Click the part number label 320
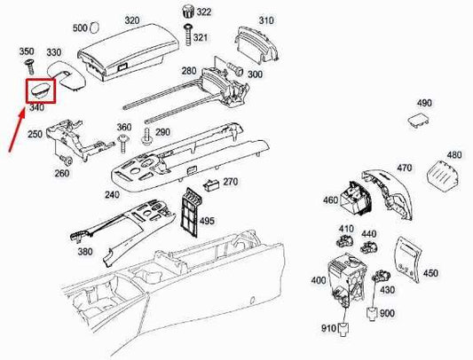coord(132,20)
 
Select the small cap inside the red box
coord(41,90)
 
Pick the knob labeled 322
coord(188,11)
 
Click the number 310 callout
coord(265,20)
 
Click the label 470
coord(405,168)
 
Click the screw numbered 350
coord(27,52)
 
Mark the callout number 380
coord(85,251)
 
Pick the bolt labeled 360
coord(122,141)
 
